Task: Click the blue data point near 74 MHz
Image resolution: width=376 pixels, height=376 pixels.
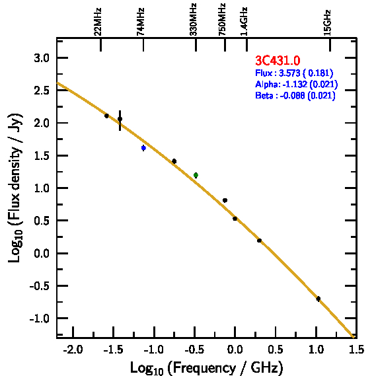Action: pos(143,148)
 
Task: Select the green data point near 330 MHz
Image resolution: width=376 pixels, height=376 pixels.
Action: pos(196,175)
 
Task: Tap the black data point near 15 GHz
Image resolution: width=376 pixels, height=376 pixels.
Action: pos(319,299)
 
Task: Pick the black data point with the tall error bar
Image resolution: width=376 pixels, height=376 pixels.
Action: pos(120,119)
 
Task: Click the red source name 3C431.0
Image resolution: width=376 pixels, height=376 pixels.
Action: pos(278,60)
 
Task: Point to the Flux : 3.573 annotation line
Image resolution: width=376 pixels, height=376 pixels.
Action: pos(294,73)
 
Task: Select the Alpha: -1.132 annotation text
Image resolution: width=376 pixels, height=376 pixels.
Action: pos(297,84)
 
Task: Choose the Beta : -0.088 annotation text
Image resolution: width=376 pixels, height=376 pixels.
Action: pos(295,95)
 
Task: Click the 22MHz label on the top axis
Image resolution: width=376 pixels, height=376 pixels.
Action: pos(97,22)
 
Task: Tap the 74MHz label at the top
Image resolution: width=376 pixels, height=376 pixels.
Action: pos(140,22)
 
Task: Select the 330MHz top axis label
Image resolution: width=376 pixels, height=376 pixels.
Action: pos(193,19)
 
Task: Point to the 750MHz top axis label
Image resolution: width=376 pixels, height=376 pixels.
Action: pos(222,19)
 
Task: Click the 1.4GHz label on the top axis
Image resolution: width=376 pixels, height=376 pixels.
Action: pos(244,21)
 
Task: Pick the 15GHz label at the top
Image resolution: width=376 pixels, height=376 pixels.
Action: pos(327,22)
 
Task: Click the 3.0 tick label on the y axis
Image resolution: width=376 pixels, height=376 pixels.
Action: pos(42,58)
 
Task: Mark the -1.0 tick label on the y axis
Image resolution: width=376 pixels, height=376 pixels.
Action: pos(39,319)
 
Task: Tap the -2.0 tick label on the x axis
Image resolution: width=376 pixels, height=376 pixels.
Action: pos(73,350)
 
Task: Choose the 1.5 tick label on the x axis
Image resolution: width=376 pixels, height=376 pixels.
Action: pos(356,350)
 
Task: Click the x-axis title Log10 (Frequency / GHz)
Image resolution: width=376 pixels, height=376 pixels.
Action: pos(207,368)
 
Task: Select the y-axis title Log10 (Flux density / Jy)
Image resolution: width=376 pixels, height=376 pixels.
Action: pos(15,188)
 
